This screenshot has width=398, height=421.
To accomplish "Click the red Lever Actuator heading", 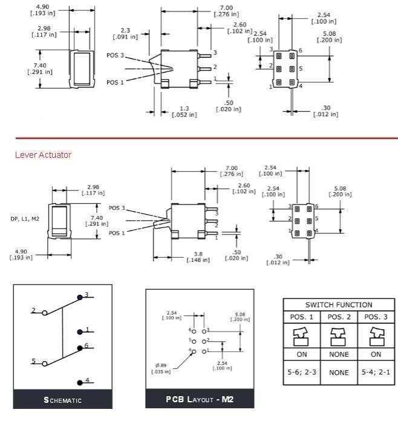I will [43, 155].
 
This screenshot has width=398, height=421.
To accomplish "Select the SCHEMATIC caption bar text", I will [62, 400].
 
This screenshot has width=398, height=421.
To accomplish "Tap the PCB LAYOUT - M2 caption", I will [200, 400].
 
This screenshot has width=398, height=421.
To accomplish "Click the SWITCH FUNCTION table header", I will [338, 305].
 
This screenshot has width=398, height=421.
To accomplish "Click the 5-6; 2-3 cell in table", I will [301, 372].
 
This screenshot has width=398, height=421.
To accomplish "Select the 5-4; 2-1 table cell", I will [375, 372].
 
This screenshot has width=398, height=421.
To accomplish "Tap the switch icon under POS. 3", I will [375, 336].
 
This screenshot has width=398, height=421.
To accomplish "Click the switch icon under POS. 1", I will [301, 336].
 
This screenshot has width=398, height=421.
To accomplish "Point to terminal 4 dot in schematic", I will [80, 382].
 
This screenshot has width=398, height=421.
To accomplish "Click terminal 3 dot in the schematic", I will [80, 297].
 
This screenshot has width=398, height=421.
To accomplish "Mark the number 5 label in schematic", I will [34, 361].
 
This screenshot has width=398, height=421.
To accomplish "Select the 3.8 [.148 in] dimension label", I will [197, 257].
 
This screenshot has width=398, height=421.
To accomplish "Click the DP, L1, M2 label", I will [25, 218].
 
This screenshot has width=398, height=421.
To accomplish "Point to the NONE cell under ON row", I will [338, 372].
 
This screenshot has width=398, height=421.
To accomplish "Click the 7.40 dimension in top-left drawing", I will [40, 68].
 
